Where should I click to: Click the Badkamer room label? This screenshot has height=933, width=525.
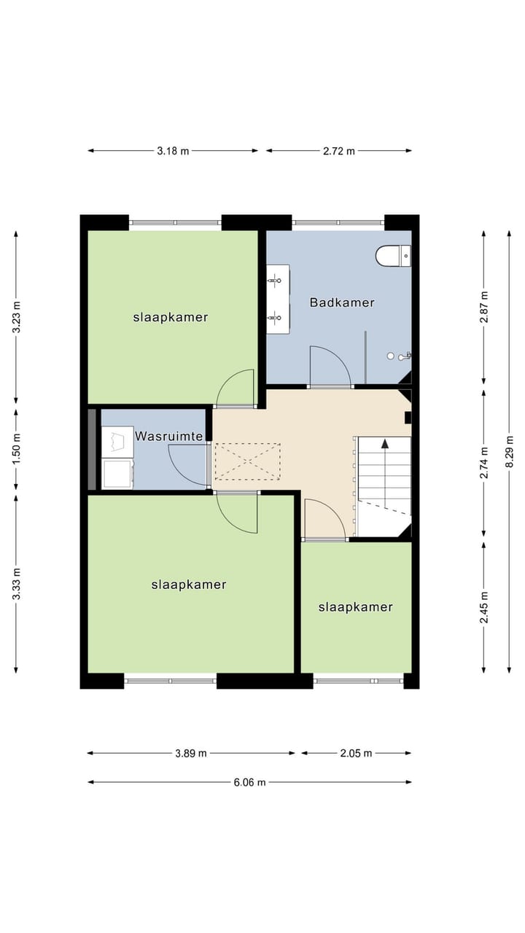click(x=342, y=302)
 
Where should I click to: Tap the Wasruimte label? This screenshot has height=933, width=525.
click(x=168, y=437)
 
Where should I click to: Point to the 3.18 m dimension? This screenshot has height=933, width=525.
click(x=173, y=151)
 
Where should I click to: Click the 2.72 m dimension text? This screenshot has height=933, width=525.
click(x=339, y=151)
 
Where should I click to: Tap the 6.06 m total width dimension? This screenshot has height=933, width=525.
click(x=249, y=782)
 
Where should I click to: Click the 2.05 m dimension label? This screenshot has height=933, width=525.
click(x=357, y=753)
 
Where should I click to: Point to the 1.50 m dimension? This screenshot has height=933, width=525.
click(x=16, y=450)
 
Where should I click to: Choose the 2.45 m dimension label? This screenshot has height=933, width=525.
click(x=484, y=606)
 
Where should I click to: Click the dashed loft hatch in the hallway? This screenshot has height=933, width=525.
click(x=247, y=461)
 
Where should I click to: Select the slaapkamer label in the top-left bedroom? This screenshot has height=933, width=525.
click(x=171, y=317)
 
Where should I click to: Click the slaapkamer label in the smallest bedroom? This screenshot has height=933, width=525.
click(x=356, y=606)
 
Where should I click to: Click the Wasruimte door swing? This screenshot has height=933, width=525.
click(x=188, y=464)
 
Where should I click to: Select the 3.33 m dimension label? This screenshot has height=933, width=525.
click(x=16, y=585)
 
